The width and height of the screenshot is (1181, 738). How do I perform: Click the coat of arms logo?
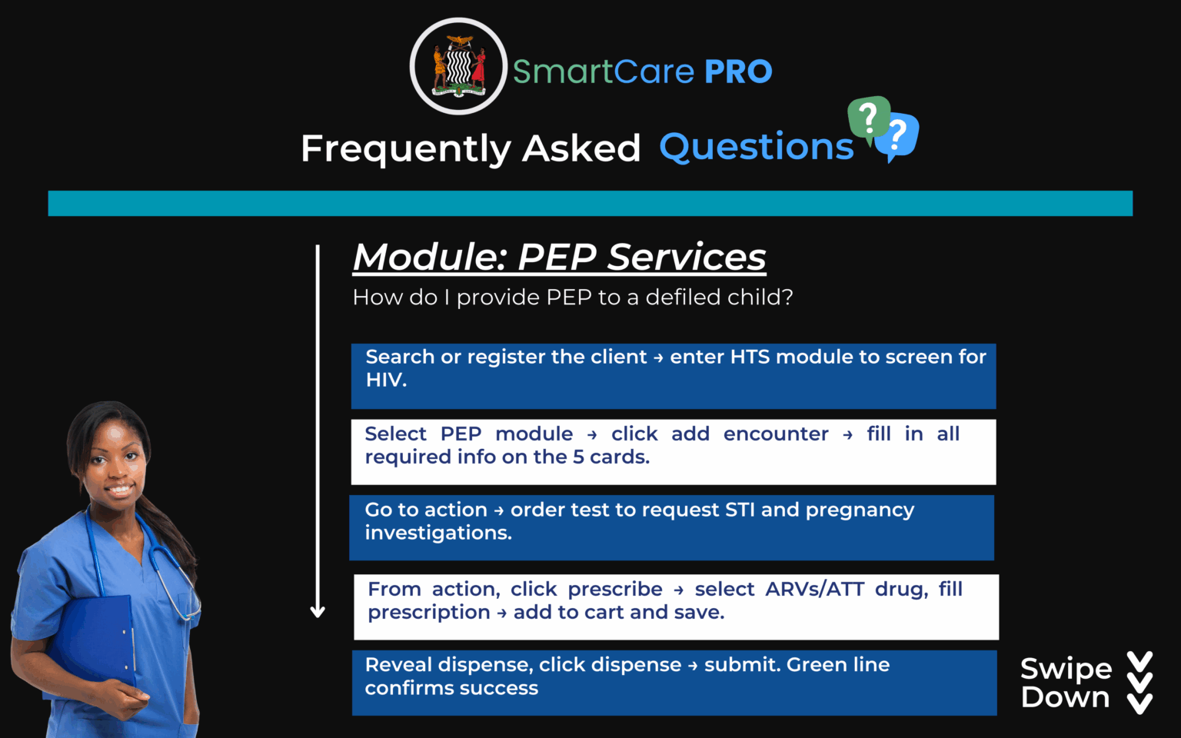[458, 66]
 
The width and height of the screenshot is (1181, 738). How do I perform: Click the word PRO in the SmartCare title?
[738, 71]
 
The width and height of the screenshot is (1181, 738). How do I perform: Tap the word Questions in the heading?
[757, 146]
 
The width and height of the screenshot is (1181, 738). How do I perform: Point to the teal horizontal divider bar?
[590, 204]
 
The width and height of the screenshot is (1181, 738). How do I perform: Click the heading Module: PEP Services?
[559, 257]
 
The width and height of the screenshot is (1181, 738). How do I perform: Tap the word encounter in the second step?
[776, 434]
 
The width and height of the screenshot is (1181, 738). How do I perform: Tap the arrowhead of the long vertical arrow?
[318, 612]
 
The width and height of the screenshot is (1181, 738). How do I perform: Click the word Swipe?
[1066, 669]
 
